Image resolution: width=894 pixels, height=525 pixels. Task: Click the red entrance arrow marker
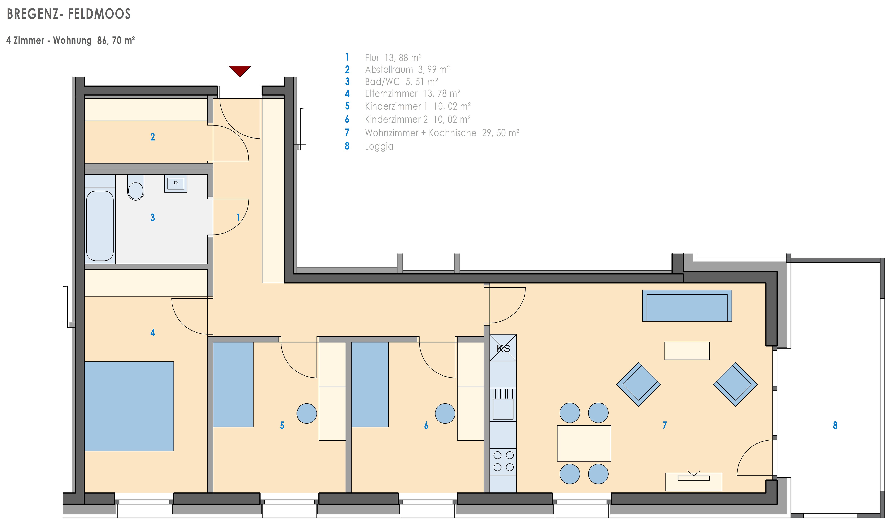(240, 70)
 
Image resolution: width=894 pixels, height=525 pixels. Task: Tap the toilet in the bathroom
(136, 187)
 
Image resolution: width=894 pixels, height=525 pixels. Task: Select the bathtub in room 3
(100, 226)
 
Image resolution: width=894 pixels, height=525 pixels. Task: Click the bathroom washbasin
(176, 183)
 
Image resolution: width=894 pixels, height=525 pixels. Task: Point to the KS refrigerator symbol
(503, 348)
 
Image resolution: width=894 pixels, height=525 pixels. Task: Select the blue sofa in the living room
(687, 306)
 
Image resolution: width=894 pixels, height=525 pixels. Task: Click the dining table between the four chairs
(584, 443)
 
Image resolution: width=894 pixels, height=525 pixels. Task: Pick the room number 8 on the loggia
(835, 425)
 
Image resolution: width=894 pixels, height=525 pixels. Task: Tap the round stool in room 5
(306, 414)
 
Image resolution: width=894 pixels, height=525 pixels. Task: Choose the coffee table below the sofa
(687, 351)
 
